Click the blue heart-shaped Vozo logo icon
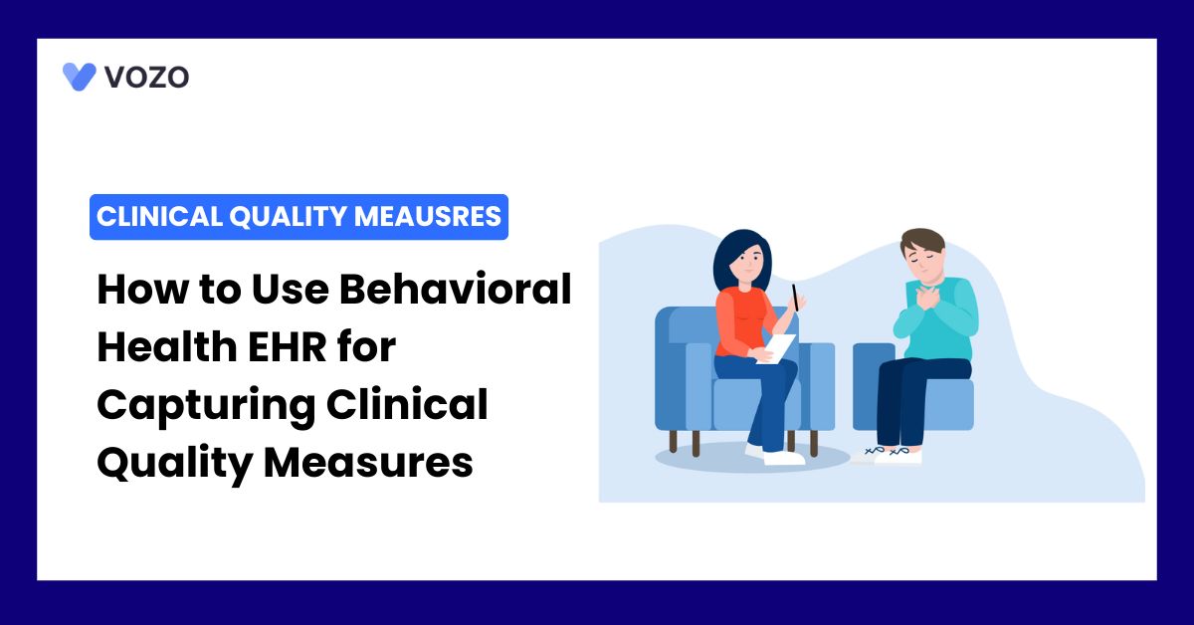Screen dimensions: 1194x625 tap(79, 77)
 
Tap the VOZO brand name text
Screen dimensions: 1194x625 tap(146, 78)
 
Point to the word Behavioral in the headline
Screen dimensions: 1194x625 tap(456, 289)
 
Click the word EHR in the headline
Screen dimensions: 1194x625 tap(287, 347)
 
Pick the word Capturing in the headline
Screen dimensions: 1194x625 tap(206, 406)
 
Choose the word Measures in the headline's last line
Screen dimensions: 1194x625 tap(368, 463)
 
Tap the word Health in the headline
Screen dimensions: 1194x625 tap(167, 346)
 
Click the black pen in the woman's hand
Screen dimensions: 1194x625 tap(795, 298)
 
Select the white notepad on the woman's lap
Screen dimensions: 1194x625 tap(776, 348)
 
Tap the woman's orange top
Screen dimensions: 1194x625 tap(742, 321)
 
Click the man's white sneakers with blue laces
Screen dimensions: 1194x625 tap(889, 455)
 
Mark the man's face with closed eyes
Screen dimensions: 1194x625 tap(923, 264)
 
